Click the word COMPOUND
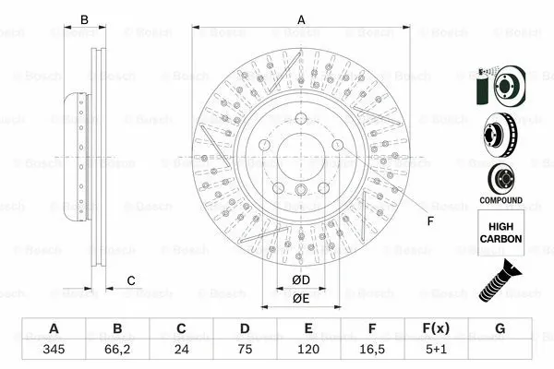click(500, 200)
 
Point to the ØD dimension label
click(300, 280)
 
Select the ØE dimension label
click(300, 298)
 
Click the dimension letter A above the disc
click(300, 19)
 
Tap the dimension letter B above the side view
click(83, 19)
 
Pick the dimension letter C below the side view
click(131, 280)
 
